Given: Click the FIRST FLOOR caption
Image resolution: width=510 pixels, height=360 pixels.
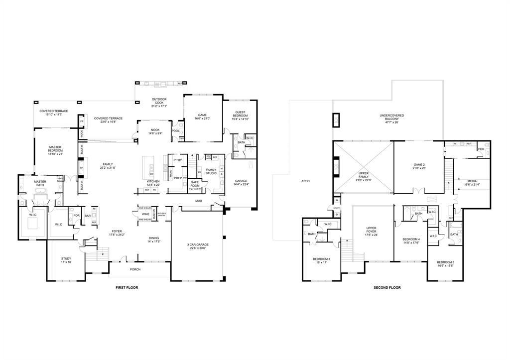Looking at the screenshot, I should pos(127,287).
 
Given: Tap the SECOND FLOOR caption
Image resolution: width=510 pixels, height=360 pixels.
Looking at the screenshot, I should pos(387,287).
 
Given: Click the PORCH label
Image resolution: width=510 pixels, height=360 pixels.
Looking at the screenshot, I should pos(135,269).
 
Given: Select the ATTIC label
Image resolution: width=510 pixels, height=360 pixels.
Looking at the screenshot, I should pos(305,181).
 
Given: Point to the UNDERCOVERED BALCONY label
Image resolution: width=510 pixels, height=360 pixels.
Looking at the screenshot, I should pos(391,117).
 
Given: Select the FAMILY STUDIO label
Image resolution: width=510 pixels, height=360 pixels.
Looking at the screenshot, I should pos(212,171).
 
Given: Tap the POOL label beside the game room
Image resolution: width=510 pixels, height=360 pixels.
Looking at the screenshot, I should pos(175,130).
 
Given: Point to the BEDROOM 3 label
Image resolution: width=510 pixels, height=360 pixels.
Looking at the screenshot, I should pos(322,260).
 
